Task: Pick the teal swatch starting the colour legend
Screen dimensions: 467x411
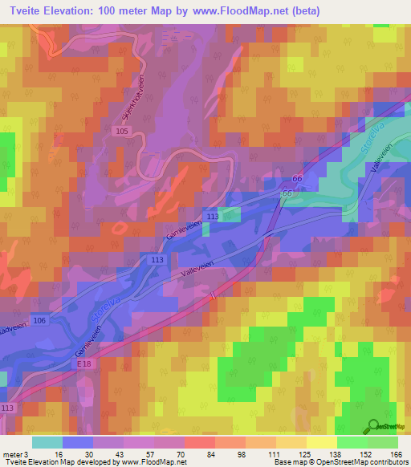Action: pyautogui.click(x=47, y=442)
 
